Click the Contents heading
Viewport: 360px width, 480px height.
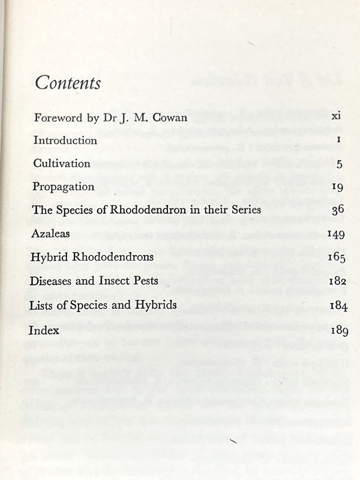point(68,82)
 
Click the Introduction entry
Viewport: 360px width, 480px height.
point(65,140)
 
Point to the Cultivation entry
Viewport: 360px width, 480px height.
point(62,163)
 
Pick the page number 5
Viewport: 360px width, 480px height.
point(339,164)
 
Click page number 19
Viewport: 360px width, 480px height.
point(337,187)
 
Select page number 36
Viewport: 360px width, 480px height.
point(337,210)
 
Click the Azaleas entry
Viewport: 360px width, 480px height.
point(51,233)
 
